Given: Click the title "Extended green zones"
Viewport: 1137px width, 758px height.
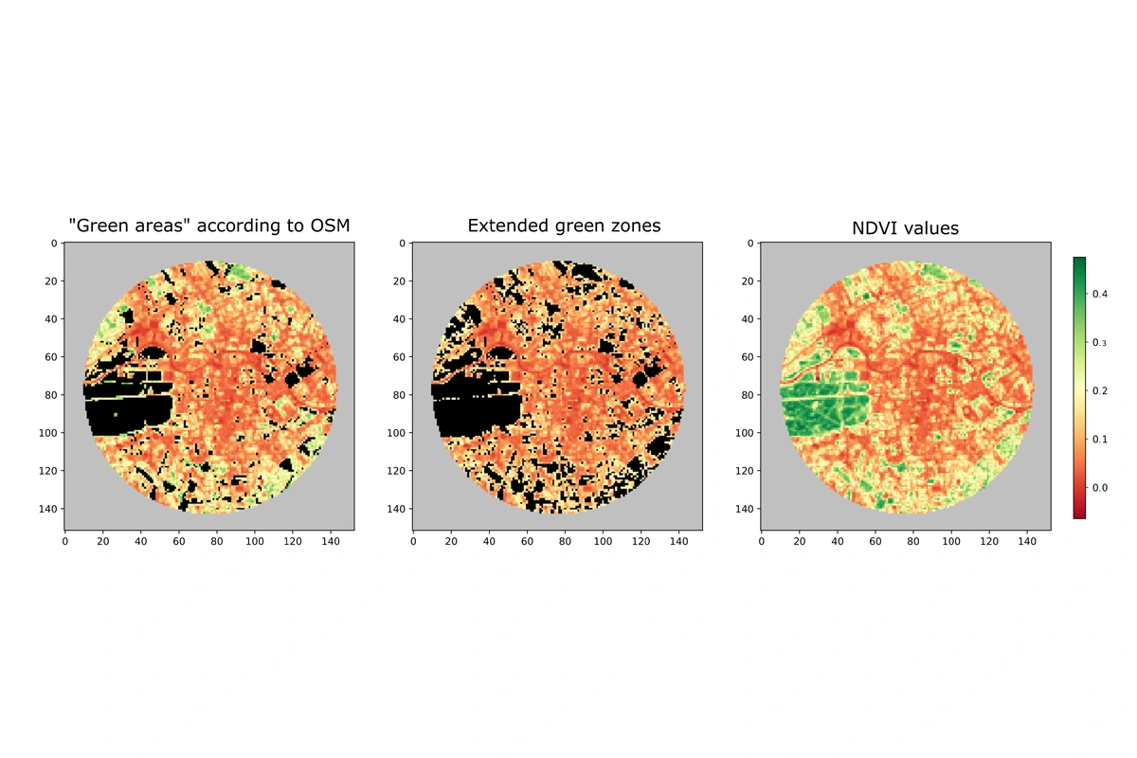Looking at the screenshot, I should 564,226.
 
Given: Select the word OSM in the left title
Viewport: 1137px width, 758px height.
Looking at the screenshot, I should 329,226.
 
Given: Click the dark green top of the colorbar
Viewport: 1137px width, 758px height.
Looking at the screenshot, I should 1079,262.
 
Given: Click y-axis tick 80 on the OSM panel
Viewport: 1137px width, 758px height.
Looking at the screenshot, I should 50,395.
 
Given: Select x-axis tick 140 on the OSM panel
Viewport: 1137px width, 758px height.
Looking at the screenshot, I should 331,542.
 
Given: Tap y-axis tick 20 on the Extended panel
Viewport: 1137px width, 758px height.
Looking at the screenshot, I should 399,281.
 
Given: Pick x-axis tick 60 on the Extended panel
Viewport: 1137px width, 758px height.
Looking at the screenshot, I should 527,542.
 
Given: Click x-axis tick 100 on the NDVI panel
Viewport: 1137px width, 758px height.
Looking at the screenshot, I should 951,542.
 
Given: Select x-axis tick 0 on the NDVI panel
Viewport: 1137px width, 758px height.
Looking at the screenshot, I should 762,542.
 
